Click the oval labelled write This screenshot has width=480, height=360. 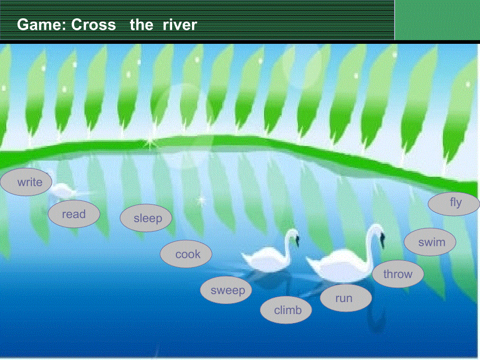pyautogui.click(x=26, y=182)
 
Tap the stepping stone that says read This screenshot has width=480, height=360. pyautogui.click(x=74, y=214)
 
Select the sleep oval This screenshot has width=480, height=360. pyautogui.click(x=146, y=218)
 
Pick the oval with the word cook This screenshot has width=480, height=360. pyautogui.click(x=186, y=254)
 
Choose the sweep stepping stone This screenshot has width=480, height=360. pyautogui.click(x=226, y=290)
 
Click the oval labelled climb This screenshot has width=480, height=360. pyautogui.click(x=286, y=310)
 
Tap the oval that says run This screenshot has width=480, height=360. pyautogui.click(x=346, y=298)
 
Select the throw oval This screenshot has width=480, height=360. pyautogui.click(x=398, y=274)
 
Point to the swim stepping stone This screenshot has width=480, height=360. pyautogui.click(x=430, y=242)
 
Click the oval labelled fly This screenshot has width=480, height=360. pyautogui.click(x=454, y=204)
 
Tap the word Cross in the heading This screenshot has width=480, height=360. pyautogui.click(x=94, y=25)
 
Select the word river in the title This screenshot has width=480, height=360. pyautogui.click(x=179, y=25)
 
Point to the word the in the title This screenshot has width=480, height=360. pyautogui.click(x=141, y=25)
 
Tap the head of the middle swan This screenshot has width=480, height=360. pyautogui.click(x=294, y=236)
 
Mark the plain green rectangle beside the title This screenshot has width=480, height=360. pyautogui.click(x=437, y=20)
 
